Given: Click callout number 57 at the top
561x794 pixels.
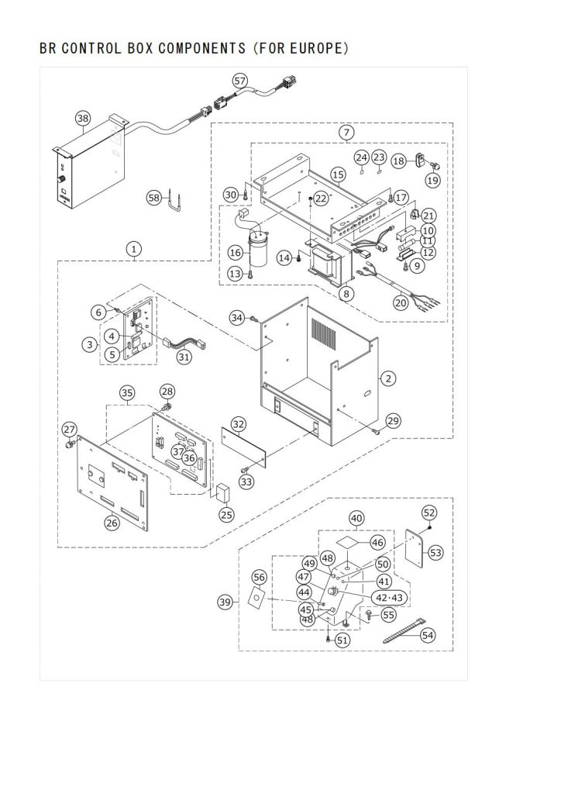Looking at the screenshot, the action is point(240,81).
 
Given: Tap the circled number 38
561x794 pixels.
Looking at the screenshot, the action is point(83,119).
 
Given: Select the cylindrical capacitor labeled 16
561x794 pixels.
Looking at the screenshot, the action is point(259,249).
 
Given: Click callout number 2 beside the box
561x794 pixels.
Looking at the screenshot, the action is point(388,378).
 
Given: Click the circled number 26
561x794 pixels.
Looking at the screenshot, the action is point(112,522).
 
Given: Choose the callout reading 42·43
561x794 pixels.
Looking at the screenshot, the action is point(389,598).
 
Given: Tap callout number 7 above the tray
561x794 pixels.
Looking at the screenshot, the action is point(346,133).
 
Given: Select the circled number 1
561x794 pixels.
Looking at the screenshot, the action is point(133,249).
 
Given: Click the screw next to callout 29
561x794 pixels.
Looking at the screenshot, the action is point(375,431).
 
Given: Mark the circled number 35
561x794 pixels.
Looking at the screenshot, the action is point(127,392).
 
